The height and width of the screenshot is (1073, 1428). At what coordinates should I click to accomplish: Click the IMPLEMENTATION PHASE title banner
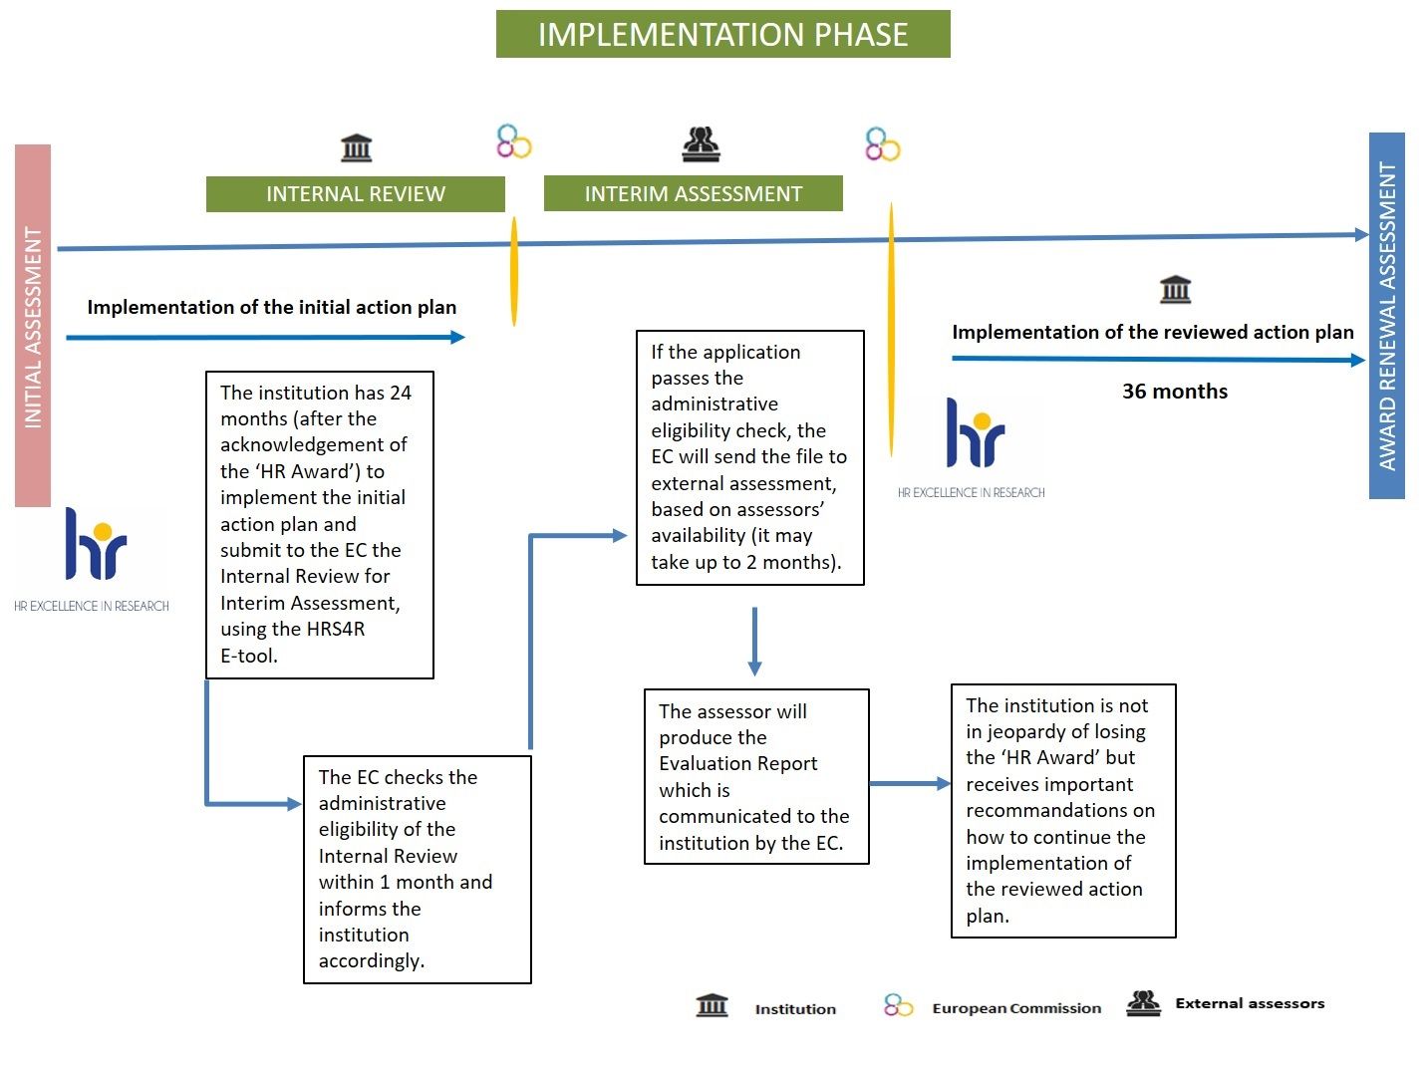point(722,34)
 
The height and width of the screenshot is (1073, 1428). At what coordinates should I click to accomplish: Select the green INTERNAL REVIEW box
point(355,194)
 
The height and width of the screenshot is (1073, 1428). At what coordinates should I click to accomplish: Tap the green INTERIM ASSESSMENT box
point(693,193)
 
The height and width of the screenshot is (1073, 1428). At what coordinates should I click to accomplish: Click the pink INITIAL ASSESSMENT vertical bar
point(33,325)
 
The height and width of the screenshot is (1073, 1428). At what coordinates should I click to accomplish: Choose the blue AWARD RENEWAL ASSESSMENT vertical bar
point(1386,316)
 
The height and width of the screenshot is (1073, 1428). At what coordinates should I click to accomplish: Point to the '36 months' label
point(1175,391)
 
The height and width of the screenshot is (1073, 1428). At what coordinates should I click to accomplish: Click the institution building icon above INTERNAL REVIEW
point(357,147)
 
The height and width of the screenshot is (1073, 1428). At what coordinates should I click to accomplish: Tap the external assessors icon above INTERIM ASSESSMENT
point(701,143)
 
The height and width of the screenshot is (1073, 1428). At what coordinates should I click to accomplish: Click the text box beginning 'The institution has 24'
point(320,525)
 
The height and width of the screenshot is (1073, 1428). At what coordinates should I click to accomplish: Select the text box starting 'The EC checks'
point(417,870)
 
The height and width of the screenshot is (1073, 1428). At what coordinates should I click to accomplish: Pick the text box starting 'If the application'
point(750,458)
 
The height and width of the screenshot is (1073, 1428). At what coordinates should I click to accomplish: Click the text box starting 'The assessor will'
point(756,776)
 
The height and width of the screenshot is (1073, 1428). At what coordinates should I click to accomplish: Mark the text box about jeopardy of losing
point(1063,811)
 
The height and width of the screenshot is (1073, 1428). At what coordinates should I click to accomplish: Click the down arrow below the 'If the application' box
point(754,642)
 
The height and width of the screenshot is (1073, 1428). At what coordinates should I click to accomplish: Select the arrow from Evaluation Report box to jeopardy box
point(910,784)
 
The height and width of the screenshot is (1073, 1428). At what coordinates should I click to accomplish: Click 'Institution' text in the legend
point(795,1008)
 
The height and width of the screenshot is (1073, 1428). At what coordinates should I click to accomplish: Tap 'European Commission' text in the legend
point(1016,1008)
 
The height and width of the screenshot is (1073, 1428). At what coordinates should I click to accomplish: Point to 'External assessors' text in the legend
point(1250,1003)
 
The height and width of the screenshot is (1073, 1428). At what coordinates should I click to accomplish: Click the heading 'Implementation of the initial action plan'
point(272,307)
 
